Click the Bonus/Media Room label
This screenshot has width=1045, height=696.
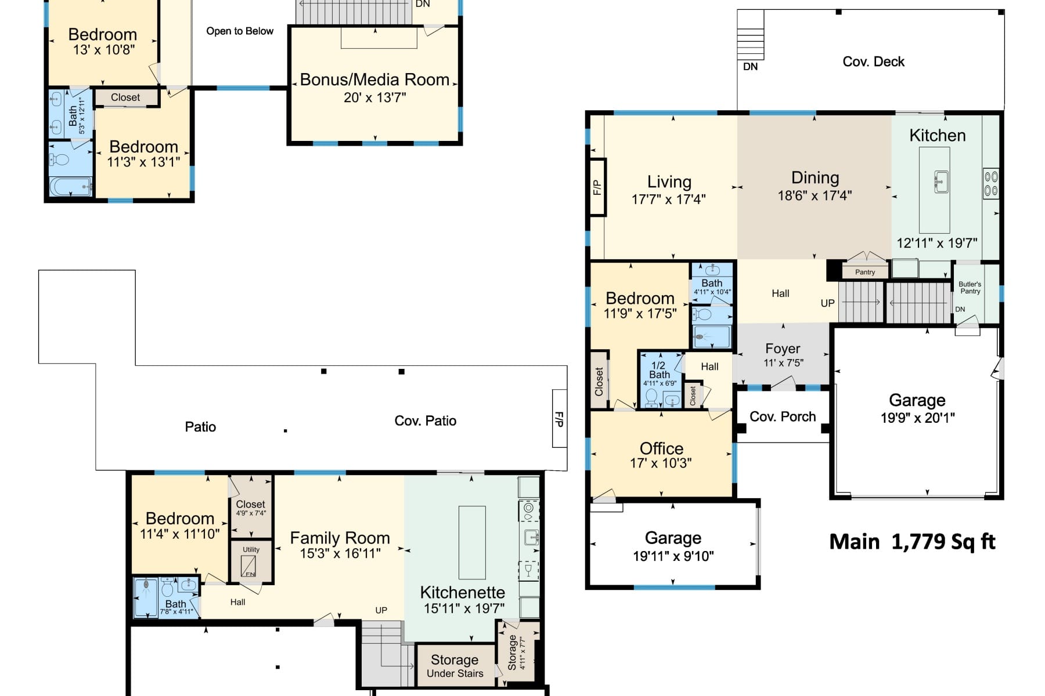click(374, 79)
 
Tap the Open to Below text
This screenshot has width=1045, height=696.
click(240, 31)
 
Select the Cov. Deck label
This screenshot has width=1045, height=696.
click(873, 61)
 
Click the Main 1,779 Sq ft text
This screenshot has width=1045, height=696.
click(912, 541)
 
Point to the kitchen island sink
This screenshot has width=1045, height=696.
click(941, 181)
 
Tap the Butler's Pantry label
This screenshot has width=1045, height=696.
click(970, 288)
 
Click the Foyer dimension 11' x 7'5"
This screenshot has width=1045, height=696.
click(783, 363)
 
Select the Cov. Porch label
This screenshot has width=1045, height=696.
click(783, 416)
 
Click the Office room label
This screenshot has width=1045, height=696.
click(661, 448)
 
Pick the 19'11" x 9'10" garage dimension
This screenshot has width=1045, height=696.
click(673, 556)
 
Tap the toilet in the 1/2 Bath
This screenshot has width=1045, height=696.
click(651, 397)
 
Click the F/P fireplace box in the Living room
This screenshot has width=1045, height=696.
click(598, 187)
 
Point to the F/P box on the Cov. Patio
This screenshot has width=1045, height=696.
click(559, 418)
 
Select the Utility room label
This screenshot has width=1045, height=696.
click(251, 549)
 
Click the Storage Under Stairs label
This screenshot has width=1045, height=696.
click(455, 666)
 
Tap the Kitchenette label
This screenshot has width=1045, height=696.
click(462, 592)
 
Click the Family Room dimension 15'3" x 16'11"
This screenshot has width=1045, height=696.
click(340, 554)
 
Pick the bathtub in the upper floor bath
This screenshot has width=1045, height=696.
click(71, 187)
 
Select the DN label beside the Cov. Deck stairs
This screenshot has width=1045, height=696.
click(751, 67)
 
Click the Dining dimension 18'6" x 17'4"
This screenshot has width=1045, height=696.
click(815, 195)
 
